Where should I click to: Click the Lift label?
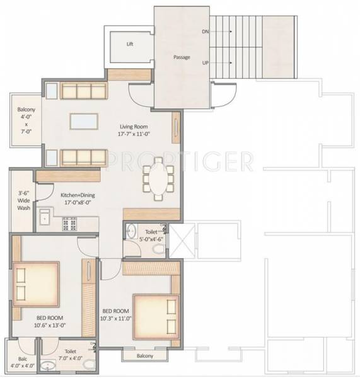(x=130, y=44)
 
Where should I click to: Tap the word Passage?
(x=182, y=57)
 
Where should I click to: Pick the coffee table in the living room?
(x=84, y=120)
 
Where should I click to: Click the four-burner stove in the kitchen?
(x=69, y=223)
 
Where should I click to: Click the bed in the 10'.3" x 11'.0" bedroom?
(x=154, y=316)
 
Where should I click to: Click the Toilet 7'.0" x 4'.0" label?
(x=69, y=357)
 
